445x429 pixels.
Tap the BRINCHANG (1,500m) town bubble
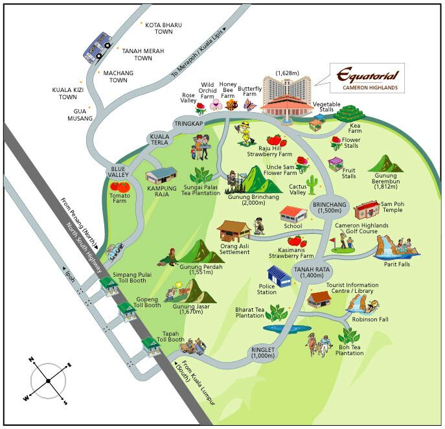coord(330,209)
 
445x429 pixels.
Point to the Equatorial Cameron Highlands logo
coord(367,77)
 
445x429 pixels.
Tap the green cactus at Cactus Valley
coord(312,184)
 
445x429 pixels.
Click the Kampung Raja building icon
coord(161,175)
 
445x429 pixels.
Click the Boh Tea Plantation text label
coord(350,349)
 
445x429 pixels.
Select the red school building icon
coord(294,213)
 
